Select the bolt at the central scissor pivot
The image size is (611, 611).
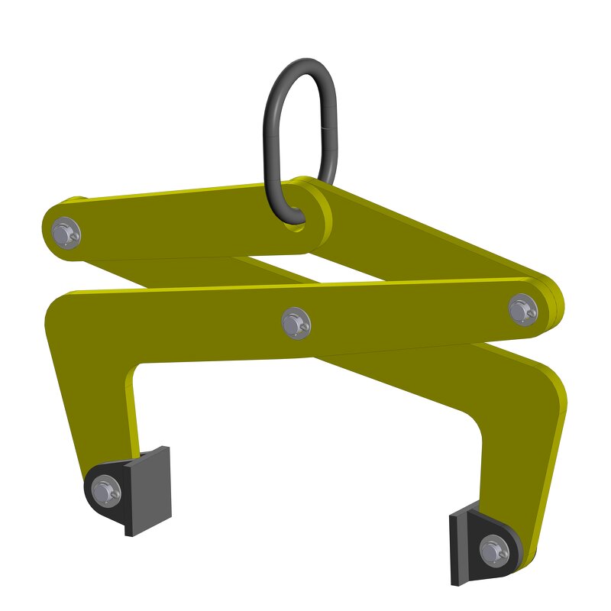click(x=294, y=323)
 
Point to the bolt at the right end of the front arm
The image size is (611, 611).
click(x=523, y=309)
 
